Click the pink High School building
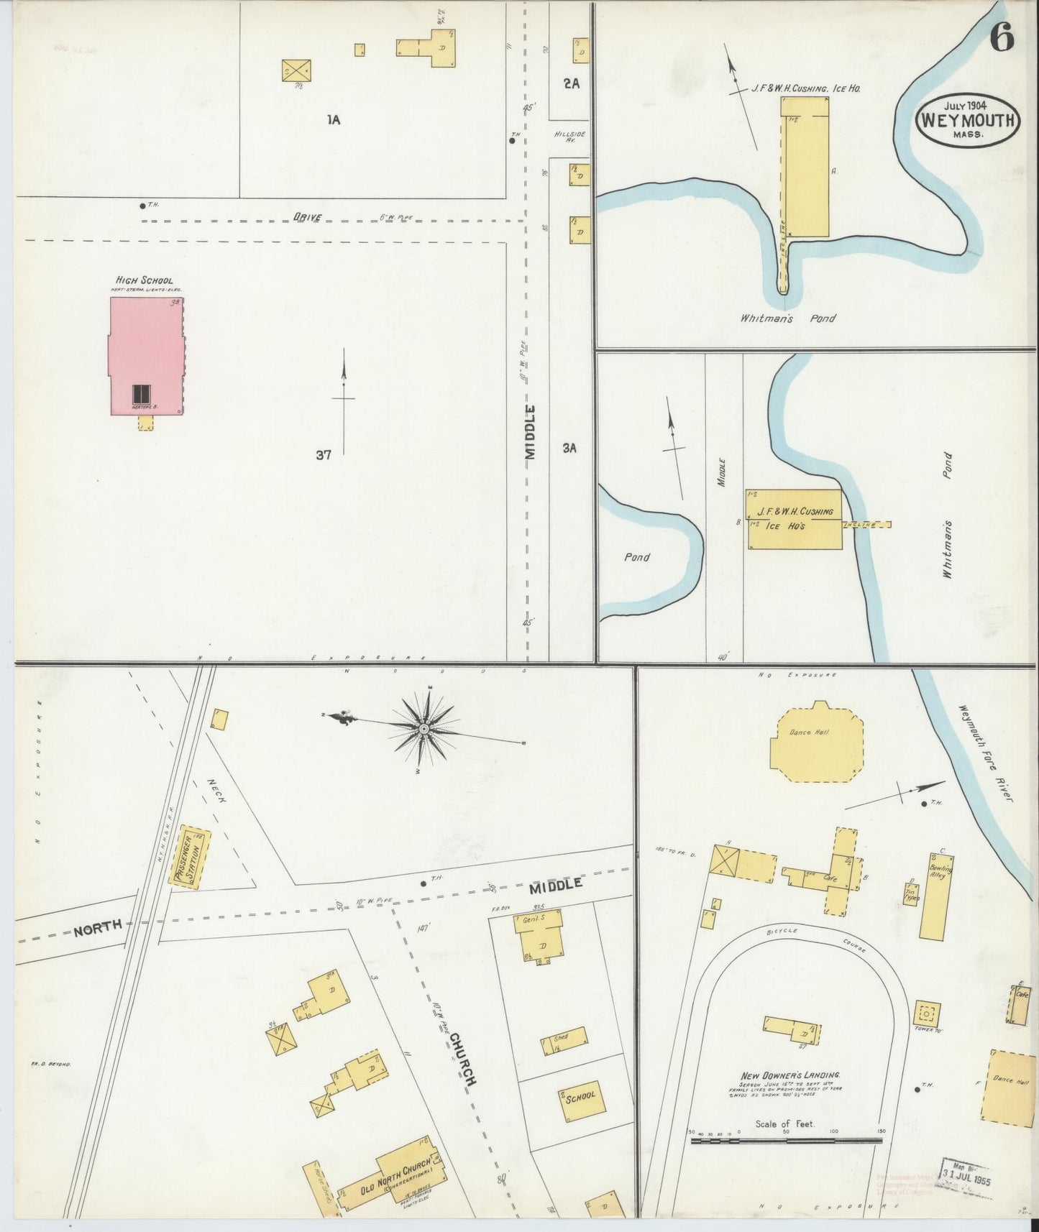coord(146,356)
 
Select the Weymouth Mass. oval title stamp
coord(968,121)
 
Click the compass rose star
coord(424,730)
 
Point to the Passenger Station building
coord(192,857)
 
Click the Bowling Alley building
coord(937,895)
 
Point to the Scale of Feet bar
coord(785,1140)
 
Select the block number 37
coord(323,454)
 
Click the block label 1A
coord(332,120)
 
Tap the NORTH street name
coord(97,928)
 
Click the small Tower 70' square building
coord(926,1013)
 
